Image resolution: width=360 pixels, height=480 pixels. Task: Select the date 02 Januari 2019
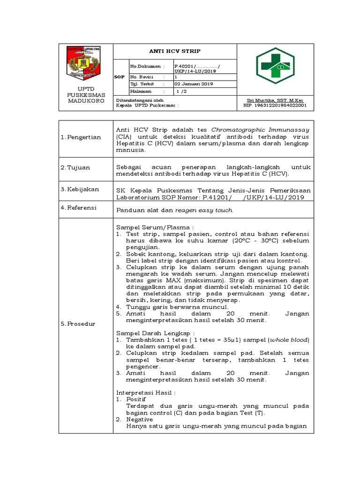pyautogui.click(x=194, y=84)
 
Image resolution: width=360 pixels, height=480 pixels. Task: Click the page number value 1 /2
pyautogui.click(x=181, y=91)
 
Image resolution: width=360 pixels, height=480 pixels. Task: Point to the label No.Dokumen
pyautogui.click(x=145, y=67)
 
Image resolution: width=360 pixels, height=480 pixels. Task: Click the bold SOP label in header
pyautogui.click(x=120, y=76)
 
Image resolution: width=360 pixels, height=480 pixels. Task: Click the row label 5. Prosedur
pyautogui.click(x=78, y=324)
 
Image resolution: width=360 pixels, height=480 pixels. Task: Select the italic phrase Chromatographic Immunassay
pyautogui.click(x=260, y=129)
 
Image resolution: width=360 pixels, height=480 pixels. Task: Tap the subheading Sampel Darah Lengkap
pyautogui.click(x=149, y=332)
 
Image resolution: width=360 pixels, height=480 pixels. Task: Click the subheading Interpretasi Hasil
pyautogui.click(x=146, y=392)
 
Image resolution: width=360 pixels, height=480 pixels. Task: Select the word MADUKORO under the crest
pyautogui.click(x=86, y=101)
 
